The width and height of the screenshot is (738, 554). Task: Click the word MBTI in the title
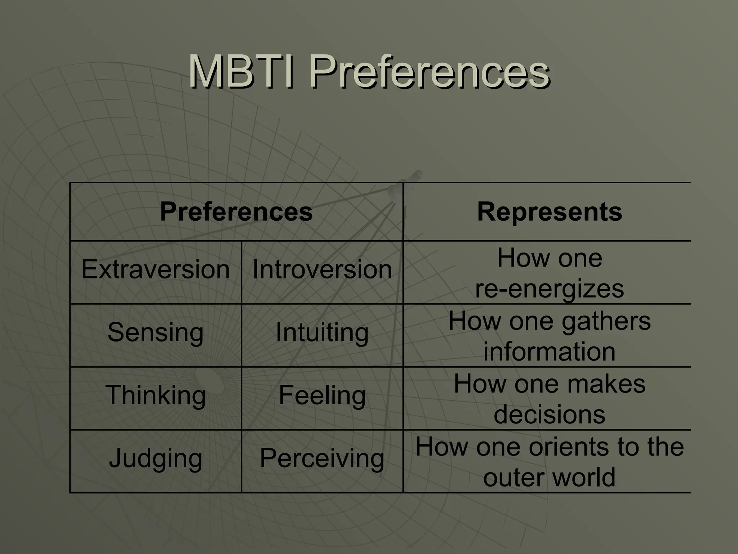[x=240, y=72]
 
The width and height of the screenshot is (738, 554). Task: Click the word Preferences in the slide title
[x=429, y=72]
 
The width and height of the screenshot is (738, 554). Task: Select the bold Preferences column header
[x=236, y=212]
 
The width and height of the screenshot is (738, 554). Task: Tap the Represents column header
[x=549, y=212]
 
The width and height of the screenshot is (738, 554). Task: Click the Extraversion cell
[x=155, y=269]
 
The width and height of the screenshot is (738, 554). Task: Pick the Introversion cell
[x=322, y=269]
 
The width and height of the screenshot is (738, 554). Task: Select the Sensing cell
[x=155, y=332]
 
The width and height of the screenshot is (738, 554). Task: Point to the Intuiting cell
[x=322, y=332]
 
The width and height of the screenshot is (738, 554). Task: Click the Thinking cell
[x=155, y=395]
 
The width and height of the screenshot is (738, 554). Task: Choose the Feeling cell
[x=322, y=395]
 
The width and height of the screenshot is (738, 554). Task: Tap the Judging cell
[x=155, y=458]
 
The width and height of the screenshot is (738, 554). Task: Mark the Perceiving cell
[x=322, y=458]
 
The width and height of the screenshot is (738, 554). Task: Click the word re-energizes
[x=549, y=289]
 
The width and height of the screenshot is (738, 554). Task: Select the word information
[x=549, y=352]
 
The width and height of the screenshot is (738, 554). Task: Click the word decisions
[x=549, y=414]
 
